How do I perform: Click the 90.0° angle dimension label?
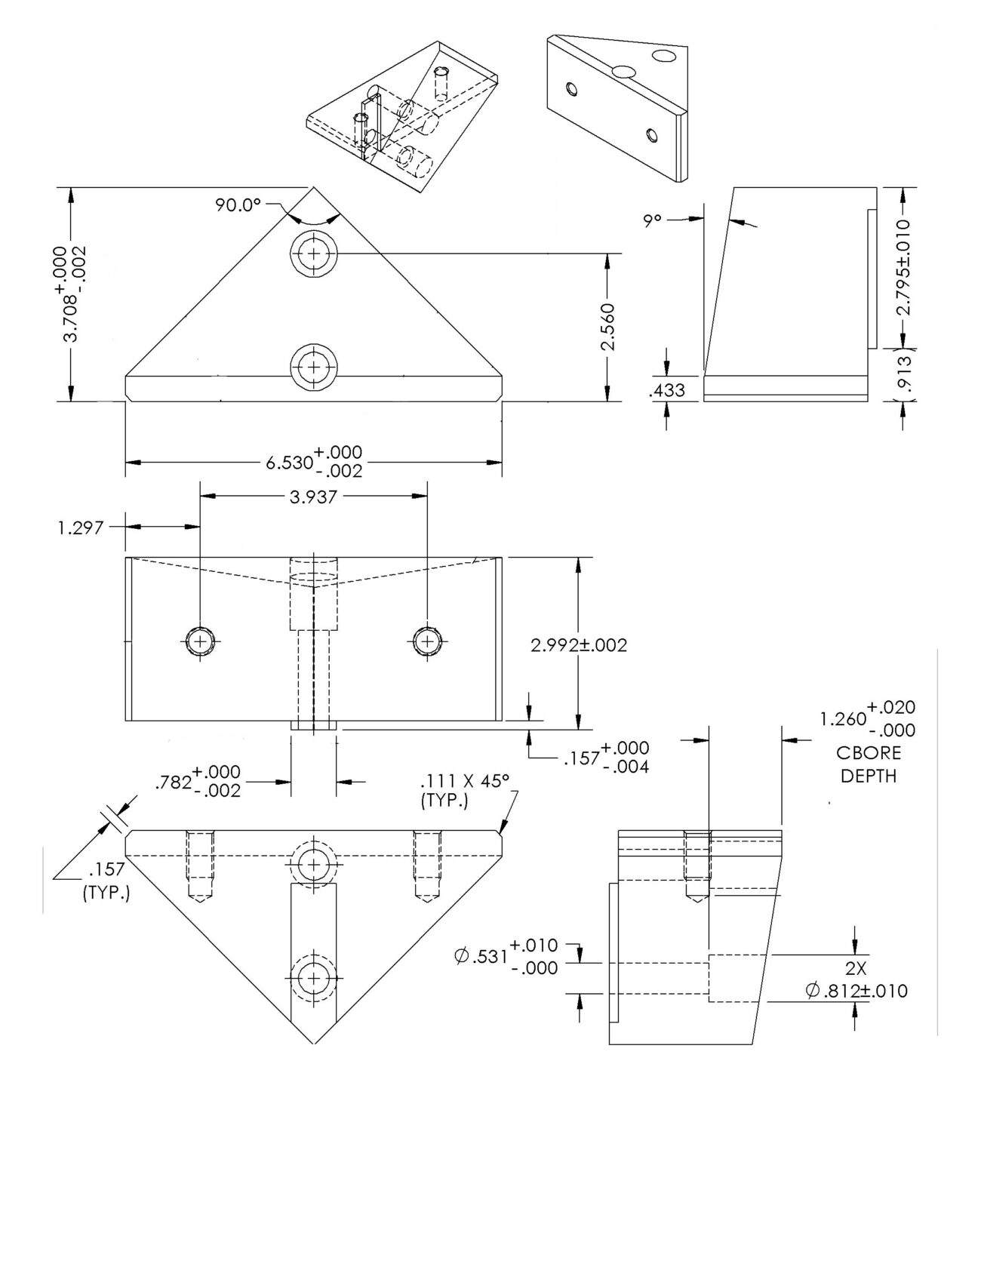click(238, 204)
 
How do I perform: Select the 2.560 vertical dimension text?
click(607, 327)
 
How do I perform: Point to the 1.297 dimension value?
click(81, 527)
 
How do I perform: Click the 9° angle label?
click(652, 220)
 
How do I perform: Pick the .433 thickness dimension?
click(666, 390)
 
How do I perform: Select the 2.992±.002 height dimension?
click(579, 645)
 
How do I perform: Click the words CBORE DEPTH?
click(869, 764)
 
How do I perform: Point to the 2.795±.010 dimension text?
click(904, 267)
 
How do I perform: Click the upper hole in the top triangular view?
click(313, 254)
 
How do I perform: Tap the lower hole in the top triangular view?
click(313, 367)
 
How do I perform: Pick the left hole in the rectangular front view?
click(200, 642)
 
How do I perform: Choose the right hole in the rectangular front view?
click(428, 642)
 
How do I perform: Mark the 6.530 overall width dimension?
click(314, 461)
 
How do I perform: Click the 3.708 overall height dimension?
click(73, 294)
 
